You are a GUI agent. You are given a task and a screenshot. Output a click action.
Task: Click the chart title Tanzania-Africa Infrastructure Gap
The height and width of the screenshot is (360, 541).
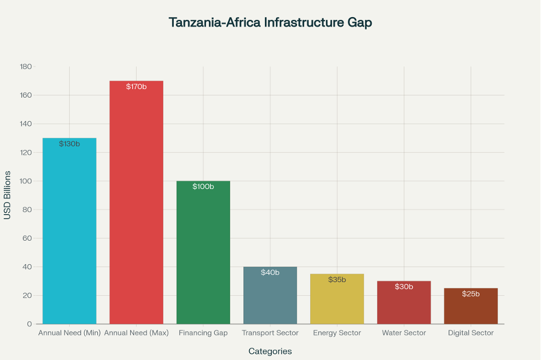click(x=270, y=23)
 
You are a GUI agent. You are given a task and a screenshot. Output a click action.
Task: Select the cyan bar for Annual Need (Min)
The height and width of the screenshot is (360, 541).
click(x=69, y=233)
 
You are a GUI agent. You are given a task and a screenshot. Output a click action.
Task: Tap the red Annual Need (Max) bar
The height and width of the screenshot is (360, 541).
click(x=136, y=204)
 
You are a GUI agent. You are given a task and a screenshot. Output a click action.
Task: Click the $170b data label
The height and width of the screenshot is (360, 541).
click(x=136, y=87)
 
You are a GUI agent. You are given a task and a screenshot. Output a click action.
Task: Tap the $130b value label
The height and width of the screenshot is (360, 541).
click(x=69, y=144)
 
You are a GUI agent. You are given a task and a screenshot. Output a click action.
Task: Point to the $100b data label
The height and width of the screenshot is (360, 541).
click(x=203, y=187)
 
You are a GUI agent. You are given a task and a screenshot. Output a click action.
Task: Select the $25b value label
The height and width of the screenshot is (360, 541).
click(x=471, y=294)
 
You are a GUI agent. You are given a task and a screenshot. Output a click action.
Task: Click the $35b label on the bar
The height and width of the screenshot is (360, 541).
click(x=337, y=280)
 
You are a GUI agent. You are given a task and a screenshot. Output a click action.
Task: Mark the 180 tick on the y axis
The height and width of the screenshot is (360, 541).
click(x=26, y=66)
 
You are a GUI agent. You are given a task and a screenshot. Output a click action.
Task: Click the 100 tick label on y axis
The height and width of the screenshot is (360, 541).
click(x=26, y=181)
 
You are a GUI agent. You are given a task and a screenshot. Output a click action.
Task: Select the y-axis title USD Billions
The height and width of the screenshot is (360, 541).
click(x=7, y=195)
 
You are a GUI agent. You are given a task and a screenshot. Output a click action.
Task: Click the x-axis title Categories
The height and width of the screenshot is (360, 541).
click(x=270, y=351)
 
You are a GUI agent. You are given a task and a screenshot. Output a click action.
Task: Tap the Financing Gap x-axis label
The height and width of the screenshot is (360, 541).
click(x=203, y=333)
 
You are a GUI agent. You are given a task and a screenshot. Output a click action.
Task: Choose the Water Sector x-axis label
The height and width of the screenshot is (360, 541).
click(x=403, y=333)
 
